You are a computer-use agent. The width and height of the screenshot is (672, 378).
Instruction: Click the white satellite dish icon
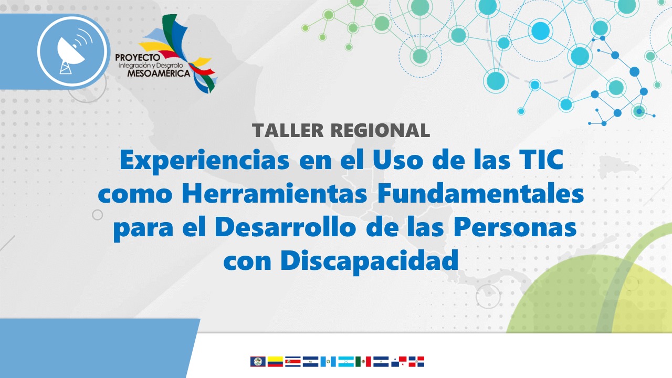click(73, 51)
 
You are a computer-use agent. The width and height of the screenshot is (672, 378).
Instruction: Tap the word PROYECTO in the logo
click(138, 58)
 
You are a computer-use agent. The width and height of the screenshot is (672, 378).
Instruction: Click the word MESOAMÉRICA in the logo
click(159, 73)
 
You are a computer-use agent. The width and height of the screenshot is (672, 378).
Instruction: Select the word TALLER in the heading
click(288, 130)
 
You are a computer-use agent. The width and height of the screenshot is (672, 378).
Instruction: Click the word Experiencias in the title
click(205, 161)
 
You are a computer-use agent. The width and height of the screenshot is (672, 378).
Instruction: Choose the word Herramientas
click(275, 194)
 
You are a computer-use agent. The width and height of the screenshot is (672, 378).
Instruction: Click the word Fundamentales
click(480, 194)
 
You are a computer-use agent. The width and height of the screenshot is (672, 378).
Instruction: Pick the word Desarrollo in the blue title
click(285, 227)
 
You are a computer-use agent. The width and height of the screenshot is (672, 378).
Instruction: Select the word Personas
click(515, 227)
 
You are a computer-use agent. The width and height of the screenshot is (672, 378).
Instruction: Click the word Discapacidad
click(369, 261)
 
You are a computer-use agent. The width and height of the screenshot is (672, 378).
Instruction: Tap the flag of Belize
click(258, 362)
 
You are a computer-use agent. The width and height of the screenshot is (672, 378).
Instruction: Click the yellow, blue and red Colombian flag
click(276, 362)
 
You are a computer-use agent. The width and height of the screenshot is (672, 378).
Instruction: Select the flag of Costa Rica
click(293, 362)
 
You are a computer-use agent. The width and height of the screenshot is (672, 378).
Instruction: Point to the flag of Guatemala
click(328, 362)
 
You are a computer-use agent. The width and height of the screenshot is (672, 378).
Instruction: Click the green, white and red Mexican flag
click(363, 362)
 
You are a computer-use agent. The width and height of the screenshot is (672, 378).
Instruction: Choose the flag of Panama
click(398, 362)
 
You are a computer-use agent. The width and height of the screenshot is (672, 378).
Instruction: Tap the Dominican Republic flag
click(416, 362)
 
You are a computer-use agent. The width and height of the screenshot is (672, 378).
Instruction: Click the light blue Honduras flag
click(346, 362)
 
